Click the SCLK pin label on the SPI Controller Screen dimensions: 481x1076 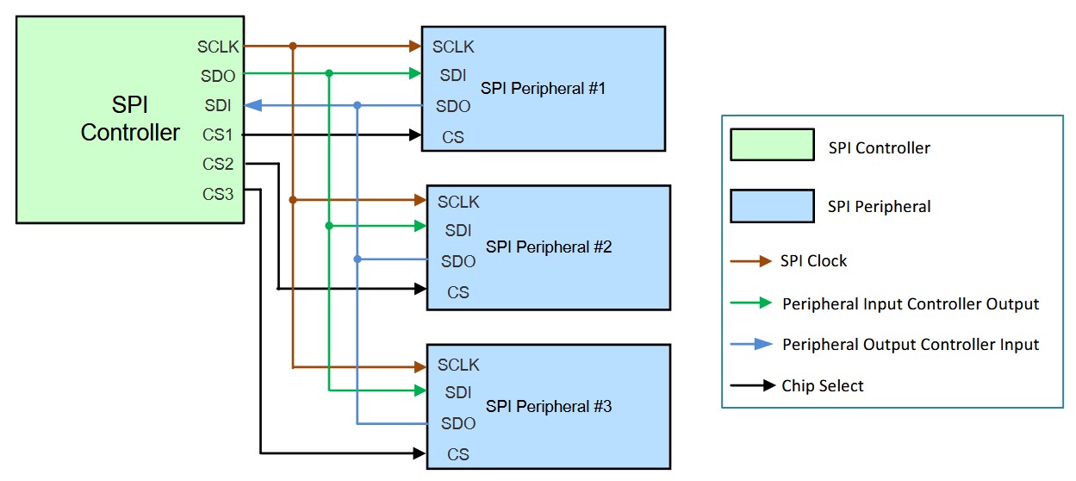[x=218, y=47]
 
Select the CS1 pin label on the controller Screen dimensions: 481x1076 [x=219, y=134]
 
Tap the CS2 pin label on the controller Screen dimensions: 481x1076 [x=219, y=164]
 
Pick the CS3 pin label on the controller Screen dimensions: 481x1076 [x=219, y=194]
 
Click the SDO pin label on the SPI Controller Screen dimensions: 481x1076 [x=219, y=76]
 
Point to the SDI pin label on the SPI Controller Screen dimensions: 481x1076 [x=217, y=105]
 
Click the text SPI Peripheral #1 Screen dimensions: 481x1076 [x=544, y=88]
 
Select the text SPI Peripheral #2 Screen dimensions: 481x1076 [x=549, y=247]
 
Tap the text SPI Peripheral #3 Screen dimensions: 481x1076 [x=549, y=405]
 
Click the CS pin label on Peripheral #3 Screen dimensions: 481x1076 [x=457, y=454]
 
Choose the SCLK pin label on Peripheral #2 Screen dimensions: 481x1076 [x=458, y=202]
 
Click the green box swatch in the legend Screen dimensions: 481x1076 [x=772, y=145]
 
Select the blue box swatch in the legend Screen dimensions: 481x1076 [x=772, y=206]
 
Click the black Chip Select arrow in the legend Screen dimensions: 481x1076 [x=752, y=386]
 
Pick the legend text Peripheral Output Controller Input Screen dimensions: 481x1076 [x=911, y=345]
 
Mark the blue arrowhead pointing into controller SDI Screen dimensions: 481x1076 [x=252, y=105]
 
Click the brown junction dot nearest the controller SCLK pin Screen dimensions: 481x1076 [x=293, y=46]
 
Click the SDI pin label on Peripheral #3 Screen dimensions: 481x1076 [x=457, y=392]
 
